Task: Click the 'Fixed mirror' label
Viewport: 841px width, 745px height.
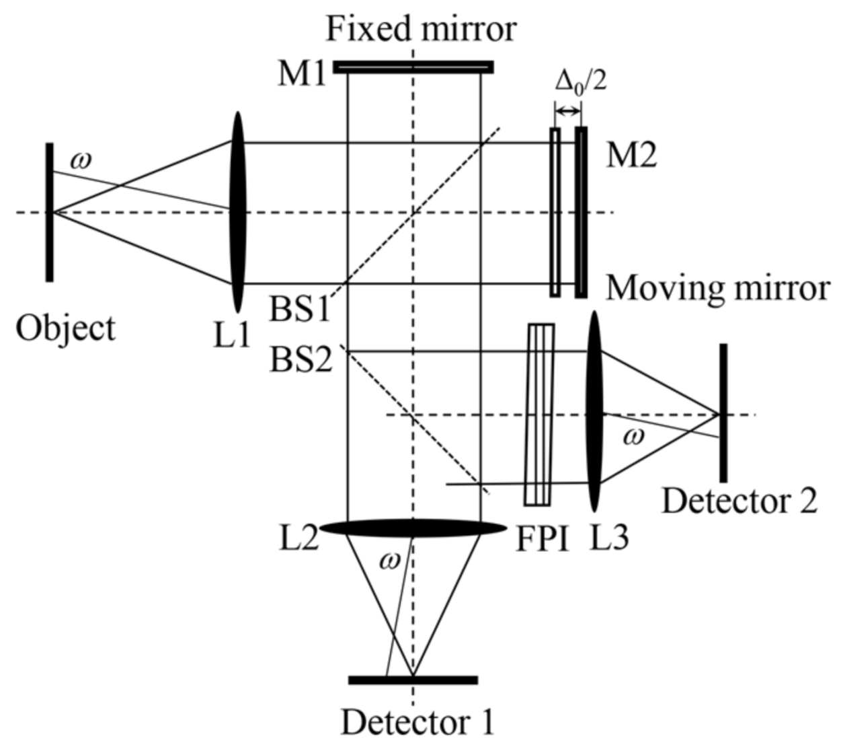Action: point(421,30)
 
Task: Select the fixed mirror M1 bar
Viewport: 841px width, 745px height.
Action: point(413,67)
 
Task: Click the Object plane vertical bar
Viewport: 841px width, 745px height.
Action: point(49,211)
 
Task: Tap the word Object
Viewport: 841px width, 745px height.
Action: point(66,328)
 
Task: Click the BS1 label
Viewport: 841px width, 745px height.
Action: point(300,311)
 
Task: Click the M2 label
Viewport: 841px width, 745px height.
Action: point(631,156)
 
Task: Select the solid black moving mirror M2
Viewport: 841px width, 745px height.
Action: point(581,211)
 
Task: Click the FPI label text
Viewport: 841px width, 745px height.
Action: point(542,540)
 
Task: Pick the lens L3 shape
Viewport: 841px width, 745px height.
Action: point(594,412)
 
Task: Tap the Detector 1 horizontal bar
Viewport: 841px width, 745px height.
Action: point(413,680)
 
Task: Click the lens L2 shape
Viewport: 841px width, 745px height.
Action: point(413,528)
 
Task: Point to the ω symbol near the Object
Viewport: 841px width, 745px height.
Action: point(81,161)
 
